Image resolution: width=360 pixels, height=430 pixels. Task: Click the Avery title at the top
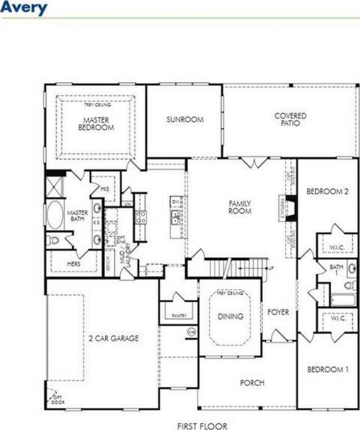(x=24, y=8)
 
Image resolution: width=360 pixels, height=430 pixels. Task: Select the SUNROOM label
(x=185, y=120)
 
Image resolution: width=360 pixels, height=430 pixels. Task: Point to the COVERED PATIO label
(x=290, y=119)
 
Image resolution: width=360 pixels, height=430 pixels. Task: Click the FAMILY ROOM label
(x=239, y=207)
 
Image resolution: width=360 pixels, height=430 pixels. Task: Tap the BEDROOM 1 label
(x=328, y=369)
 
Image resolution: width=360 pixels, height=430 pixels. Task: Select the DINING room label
(x=230, y=316)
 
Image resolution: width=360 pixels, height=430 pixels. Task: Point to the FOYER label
(x=278, y=312)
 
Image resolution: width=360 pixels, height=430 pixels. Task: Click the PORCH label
(x=252, y=383)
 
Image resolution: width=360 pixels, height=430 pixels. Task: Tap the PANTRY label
(x=179, y=315)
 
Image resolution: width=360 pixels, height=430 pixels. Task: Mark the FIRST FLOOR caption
(x=202, y=426)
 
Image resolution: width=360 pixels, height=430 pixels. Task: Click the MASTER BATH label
(x=78, y=216)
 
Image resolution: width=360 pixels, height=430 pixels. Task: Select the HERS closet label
(x=75, y=263)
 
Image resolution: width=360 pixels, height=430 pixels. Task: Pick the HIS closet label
(x=105, y=189)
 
